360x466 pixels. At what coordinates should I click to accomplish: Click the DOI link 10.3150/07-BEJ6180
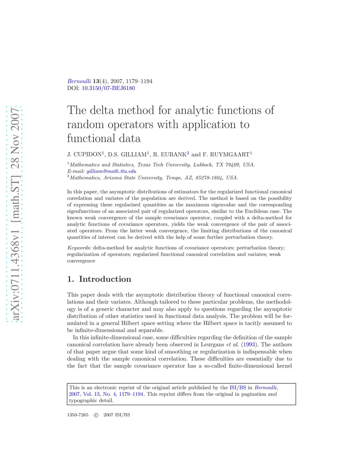click(x=108, y=88)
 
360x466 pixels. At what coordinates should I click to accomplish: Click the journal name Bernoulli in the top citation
click(x=79, y=81)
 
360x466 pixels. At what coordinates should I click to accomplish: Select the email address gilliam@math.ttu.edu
click(x=111, y=171)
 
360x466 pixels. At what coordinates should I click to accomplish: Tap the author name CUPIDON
click(x=88, y=154)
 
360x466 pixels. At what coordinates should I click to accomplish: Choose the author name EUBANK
click(x=173, y=154)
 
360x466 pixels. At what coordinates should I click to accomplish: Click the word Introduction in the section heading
click(x=105, y=279)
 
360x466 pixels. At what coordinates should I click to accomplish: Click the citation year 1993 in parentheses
click(x=249, y=345)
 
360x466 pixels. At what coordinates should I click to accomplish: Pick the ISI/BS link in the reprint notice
click(x=238, y=388)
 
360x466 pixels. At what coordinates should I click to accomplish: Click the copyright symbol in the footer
click(x=96, y=415)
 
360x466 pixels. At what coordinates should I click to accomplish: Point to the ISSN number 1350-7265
click(x=78, y=415)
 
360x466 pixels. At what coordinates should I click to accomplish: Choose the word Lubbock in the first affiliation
click(x=203, y=165)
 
